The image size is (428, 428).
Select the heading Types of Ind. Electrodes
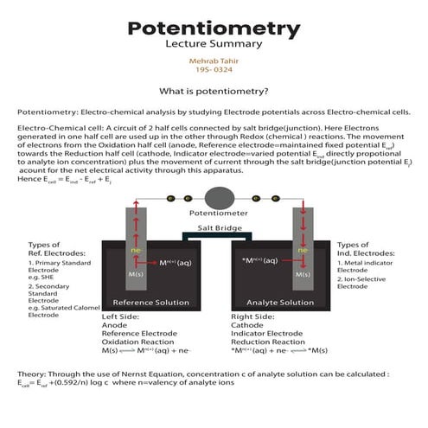tap(362, 251)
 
